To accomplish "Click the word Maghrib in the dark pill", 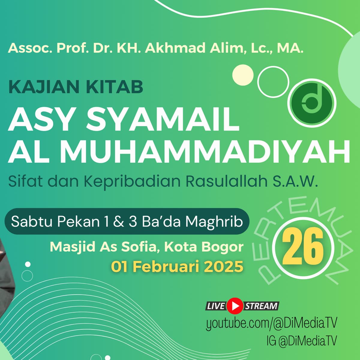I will coord(214,222).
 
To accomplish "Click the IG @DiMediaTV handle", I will coord(301,341).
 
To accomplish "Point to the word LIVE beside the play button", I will coord(215,306).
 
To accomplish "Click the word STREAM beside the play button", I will coord(261,306).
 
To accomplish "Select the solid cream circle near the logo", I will coord(243,75).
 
